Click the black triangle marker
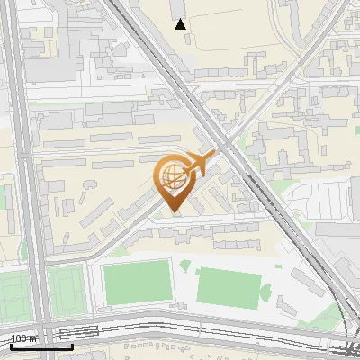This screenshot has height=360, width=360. [x=181, y=24]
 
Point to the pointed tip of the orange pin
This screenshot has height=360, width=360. [x=174, y=213]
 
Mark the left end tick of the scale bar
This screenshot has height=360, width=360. [x=11, y=346]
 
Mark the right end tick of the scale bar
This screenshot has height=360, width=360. [x=73, y=346]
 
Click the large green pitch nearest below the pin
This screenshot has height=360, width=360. [x=137, y=282]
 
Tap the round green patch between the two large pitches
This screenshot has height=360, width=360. [x=184, y=265]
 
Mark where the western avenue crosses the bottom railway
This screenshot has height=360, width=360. [x=43, y=324]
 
